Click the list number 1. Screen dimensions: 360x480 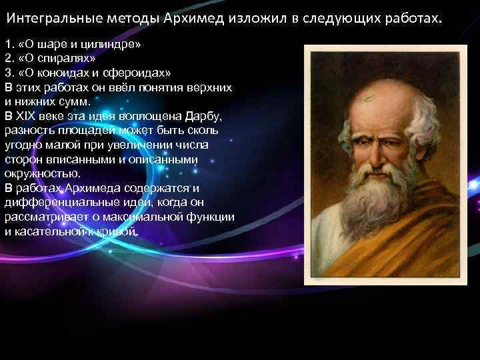coord(8,44)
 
